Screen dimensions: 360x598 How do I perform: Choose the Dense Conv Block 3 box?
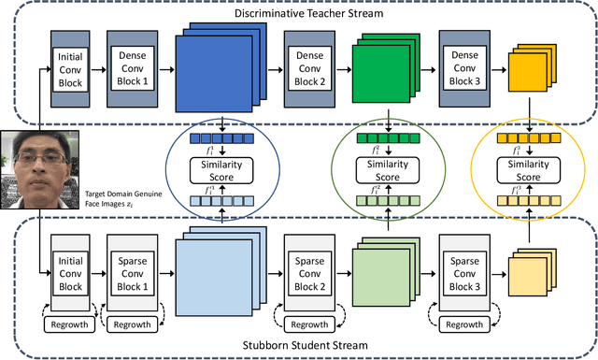[464, 67]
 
